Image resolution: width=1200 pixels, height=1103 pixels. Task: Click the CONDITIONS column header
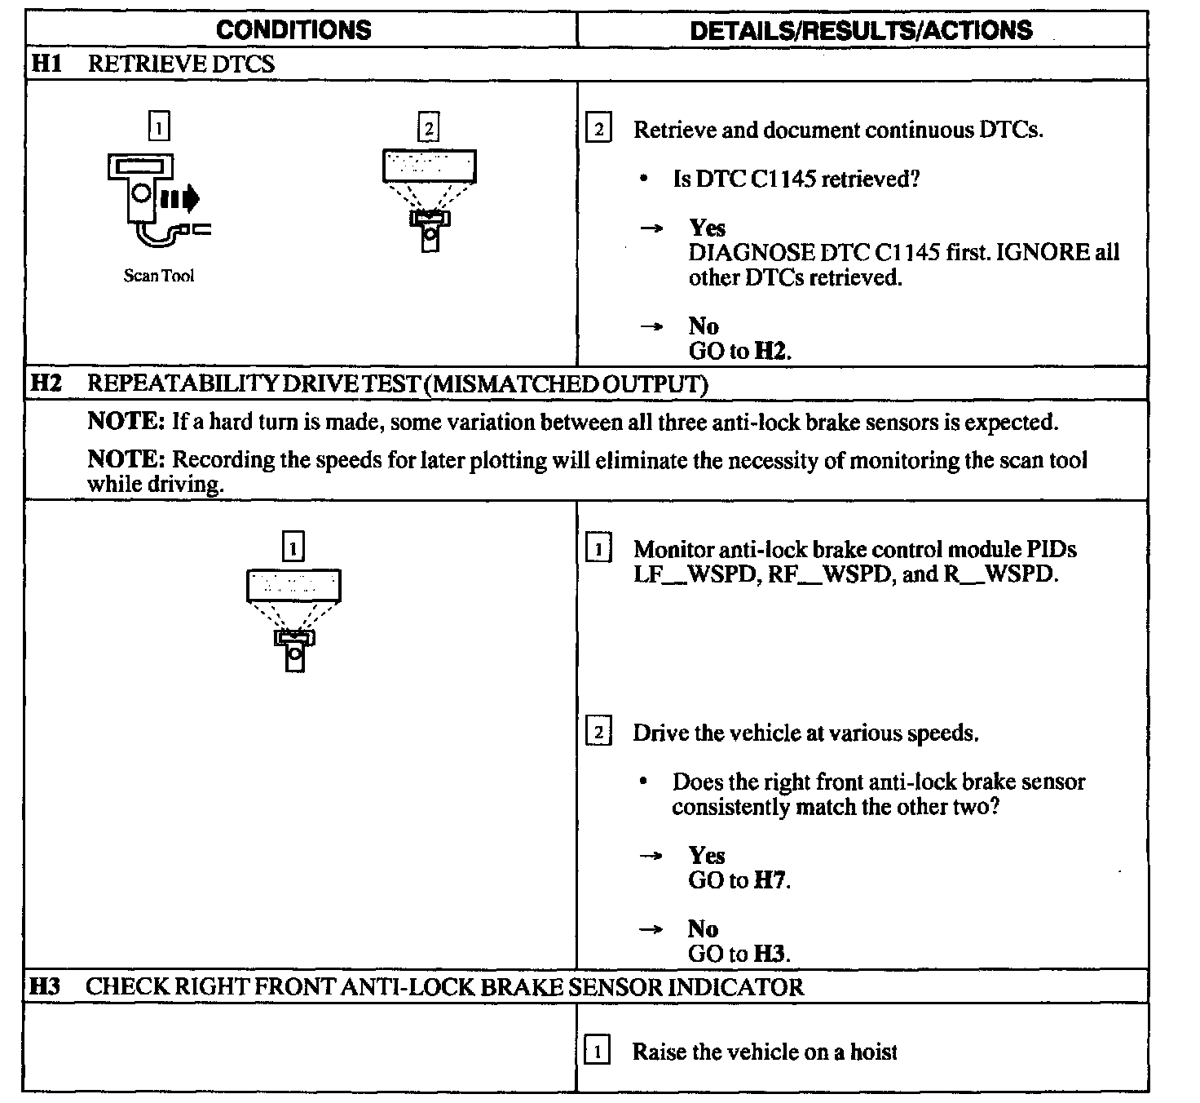[293, 30]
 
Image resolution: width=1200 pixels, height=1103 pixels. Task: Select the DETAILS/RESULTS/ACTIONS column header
[861, 30]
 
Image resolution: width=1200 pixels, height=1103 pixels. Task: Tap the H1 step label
[46, 64]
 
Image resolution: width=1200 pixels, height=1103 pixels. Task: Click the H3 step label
[46, 986]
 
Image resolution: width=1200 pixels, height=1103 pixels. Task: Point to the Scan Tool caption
[159, 276]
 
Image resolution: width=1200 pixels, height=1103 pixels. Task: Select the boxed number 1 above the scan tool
[160, 126]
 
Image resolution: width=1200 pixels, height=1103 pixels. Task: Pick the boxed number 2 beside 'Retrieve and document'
[598, 130]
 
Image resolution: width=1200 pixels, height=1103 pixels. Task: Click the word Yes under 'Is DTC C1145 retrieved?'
[707, 228]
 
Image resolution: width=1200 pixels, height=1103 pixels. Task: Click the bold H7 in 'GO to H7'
[770, 880]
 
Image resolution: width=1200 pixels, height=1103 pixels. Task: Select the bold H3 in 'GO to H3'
[770, 954]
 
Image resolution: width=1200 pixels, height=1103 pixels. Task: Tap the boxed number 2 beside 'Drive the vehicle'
[598, 733]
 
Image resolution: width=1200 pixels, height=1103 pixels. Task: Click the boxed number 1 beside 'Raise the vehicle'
[598, 1052]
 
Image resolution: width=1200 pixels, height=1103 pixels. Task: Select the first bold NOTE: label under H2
[126, 422]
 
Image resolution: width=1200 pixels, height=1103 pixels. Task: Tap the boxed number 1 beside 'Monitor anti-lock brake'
[598, 549]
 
